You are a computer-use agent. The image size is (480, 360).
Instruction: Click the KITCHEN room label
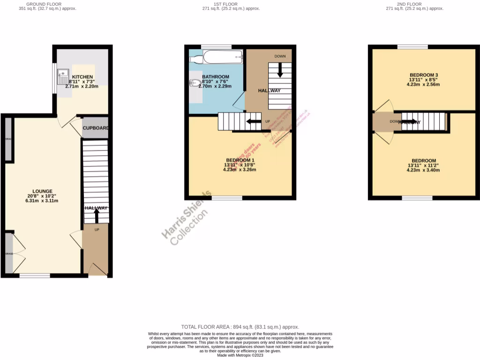82,77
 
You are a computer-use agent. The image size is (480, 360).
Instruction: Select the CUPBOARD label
96,128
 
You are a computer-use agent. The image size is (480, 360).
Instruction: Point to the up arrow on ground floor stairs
96,216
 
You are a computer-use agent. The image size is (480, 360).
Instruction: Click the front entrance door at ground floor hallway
97,269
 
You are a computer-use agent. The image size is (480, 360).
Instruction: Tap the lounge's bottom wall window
35,276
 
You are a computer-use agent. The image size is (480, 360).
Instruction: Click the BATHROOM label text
216,77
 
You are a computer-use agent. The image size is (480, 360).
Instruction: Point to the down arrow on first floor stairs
280,70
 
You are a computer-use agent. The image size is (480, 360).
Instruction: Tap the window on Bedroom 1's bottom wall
227,198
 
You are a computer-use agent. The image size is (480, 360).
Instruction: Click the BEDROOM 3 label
424,75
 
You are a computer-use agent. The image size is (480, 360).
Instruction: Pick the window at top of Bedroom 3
412,46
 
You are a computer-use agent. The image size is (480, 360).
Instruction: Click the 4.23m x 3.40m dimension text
424,170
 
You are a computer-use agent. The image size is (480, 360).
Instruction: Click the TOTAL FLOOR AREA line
240,327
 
